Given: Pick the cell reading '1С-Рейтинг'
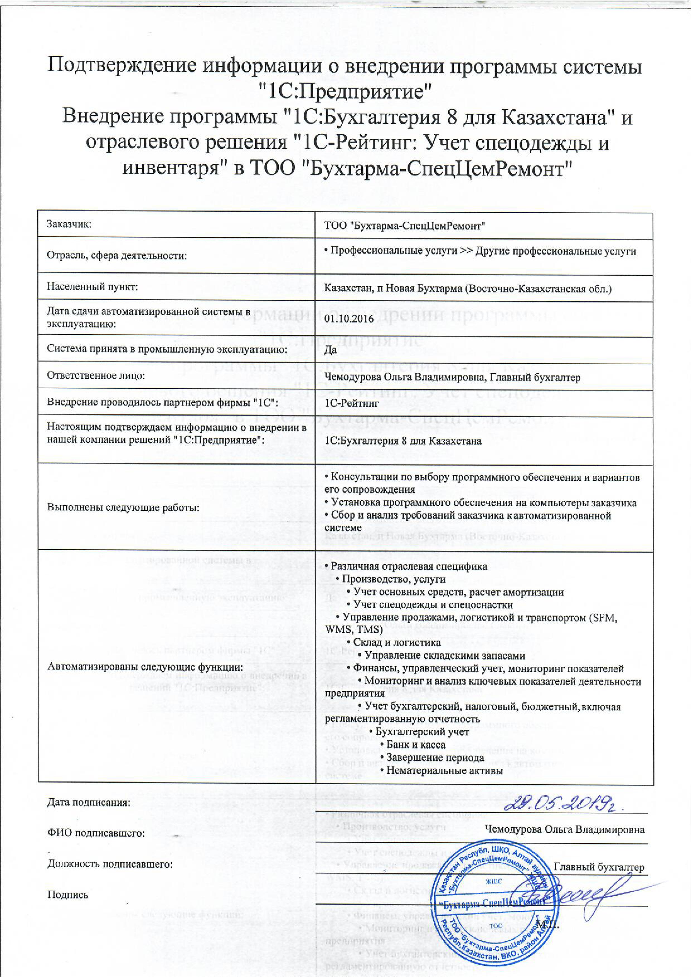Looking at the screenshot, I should [x=352, y=402].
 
